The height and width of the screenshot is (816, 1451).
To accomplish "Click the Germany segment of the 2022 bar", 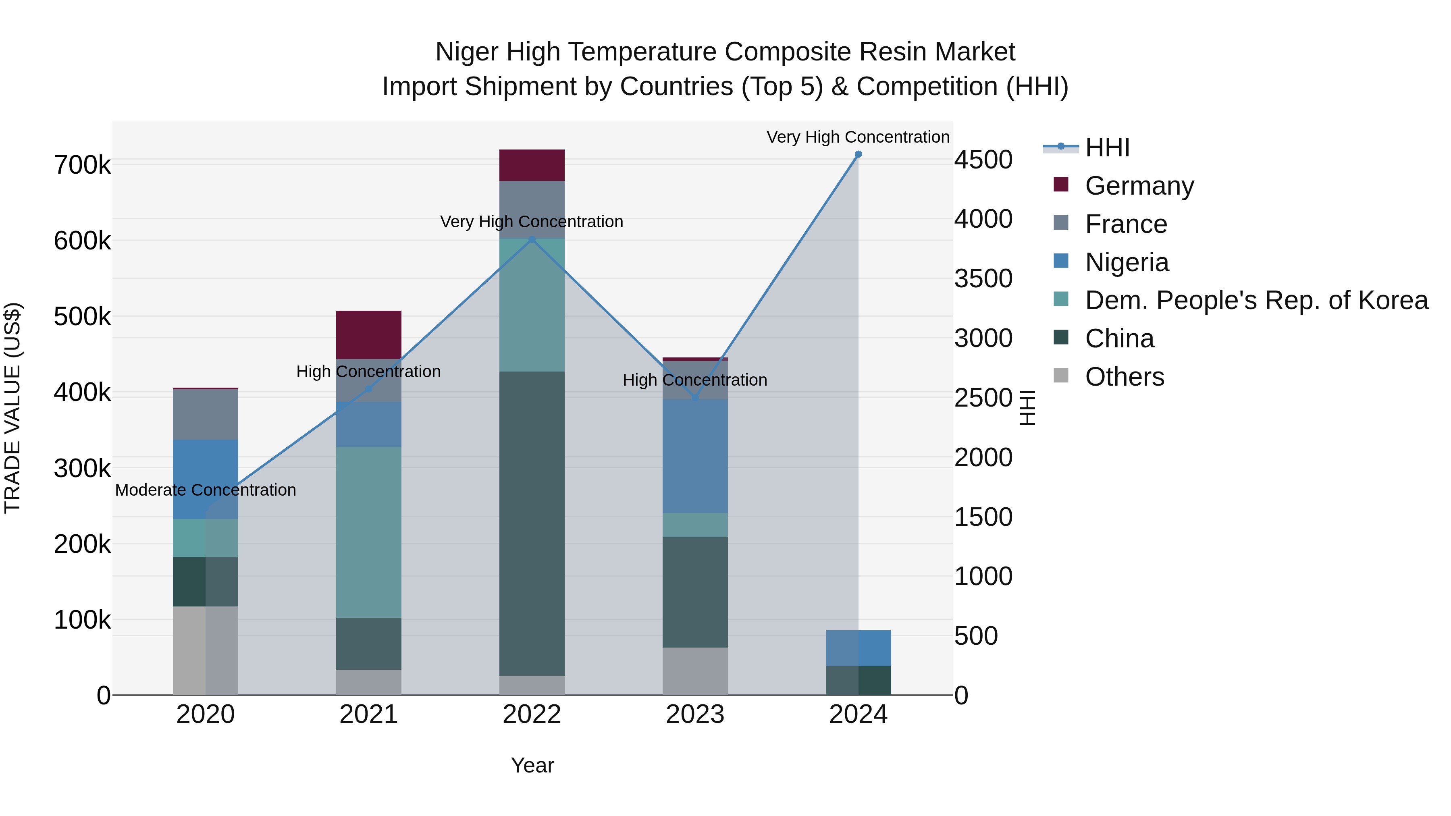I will [532, 165].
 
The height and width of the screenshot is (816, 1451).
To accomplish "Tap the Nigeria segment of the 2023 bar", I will [694, 456].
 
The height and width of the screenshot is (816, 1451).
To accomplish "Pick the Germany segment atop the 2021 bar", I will [368, 334].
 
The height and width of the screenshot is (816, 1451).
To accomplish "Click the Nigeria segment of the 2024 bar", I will [858, 648].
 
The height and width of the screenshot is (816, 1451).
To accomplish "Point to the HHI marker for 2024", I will [858, 154].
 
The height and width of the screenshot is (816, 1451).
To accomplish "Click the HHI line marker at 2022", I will [532, 239].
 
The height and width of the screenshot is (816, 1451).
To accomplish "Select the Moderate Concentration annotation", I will [206, 490].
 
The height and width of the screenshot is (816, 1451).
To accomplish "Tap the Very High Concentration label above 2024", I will [857, 137].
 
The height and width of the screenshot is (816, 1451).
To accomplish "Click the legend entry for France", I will [1125, 224].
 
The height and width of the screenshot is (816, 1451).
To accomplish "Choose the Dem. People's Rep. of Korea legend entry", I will [1256, 300].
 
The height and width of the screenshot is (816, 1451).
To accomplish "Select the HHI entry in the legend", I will [1107, 147].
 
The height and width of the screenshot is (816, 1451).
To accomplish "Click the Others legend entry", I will [1124, 377].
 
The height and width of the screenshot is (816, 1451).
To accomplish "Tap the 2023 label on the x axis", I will [694, 714].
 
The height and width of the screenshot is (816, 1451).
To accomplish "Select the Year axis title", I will [532, 765].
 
